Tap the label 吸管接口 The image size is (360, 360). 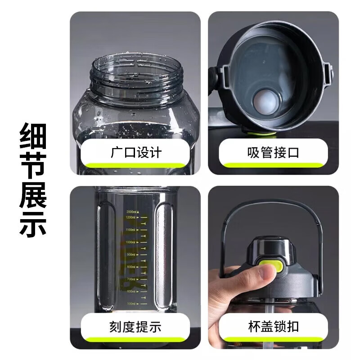(273, 153)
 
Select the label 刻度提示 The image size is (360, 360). (136, 326)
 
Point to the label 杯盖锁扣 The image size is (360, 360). (273, 326)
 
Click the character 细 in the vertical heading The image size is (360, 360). (33, 139)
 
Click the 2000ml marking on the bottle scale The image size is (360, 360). (133, 211)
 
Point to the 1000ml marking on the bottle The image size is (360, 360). (131, 243)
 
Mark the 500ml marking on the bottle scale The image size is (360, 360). (131, 304)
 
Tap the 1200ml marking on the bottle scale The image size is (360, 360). (131, 218)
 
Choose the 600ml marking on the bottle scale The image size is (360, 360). (131, 292)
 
